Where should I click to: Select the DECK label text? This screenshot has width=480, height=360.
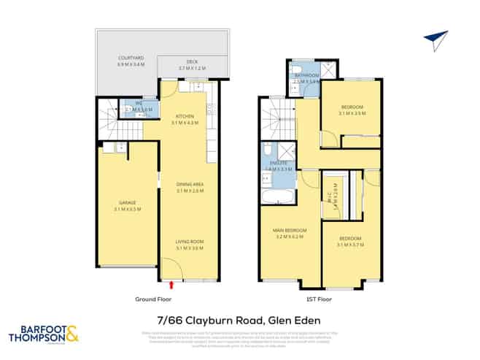(193, 62)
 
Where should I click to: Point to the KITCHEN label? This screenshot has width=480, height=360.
(184, 116)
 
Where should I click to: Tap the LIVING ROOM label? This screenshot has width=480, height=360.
(188, 241)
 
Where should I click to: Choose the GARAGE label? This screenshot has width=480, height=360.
(128, 202)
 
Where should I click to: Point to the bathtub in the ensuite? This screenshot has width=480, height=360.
(278, 196)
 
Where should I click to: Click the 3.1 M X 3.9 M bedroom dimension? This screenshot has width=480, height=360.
(351, 113)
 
